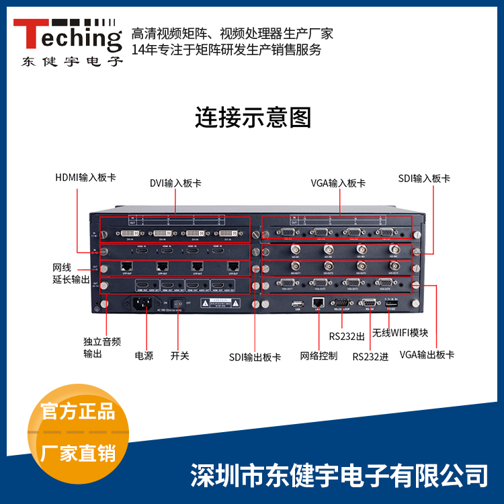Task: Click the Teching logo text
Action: pyautogui.click(x=67, y=34)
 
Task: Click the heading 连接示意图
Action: pyautogui.click(x=253, y=118)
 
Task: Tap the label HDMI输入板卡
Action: pyautogui.click(x=85, y=178)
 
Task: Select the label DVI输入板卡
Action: pyautogui.click(x=175, y=182)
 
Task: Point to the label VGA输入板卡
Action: pyautogui.click(x=339, y=182)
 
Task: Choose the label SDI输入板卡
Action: pyautogui.click(x=424, y=178)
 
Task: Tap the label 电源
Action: pyautogui.click(x=144, y=355)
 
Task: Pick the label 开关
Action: pyautogui.click(x=180, y=355)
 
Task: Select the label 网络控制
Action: pyautogui.click(x=319, y=355)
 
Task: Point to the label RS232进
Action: pyautogui.click(x=371, y=356)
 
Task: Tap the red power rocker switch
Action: pyautogui.click(x=177, y=303)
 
